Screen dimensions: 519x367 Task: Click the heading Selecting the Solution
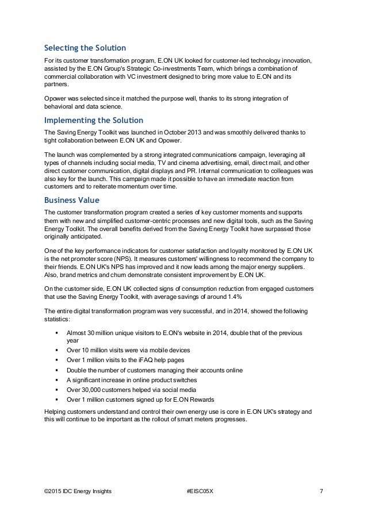point(85,47)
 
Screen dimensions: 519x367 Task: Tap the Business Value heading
point(72,201)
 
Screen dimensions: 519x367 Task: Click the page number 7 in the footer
point(321,491)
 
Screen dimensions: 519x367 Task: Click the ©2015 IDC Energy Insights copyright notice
point(78,491)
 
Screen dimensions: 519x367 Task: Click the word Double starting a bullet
point(78,370)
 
